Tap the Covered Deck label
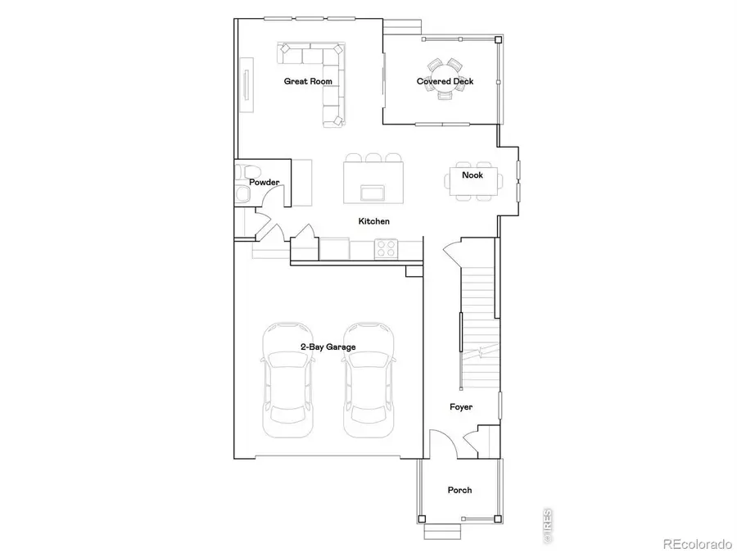click(445, 81)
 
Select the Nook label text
click(472, 175)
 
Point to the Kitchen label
click(373, 221)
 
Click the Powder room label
click(265, 182)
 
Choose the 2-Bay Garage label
click(328, 347)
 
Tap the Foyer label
click(461, 407)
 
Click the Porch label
click(459, 490)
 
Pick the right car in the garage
click(368, 382)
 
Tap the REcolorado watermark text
click(696, 542)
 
